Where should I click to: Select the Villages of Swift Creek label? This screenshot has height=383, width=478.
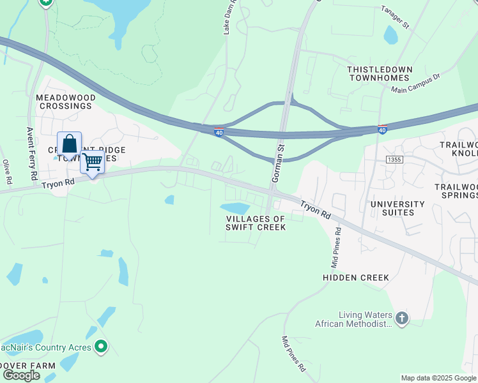(x=256, y=223)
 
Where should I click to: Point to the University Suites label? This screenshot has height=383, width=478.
(x=398, y=209)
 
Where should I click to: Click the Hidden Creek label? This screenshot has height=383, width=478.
(x=356, y=278)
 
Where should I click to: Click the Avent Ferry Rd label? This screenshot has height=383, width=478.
(x=31, y=153)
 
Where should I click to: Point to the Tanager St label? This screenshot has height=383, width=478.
(x=394, y=17)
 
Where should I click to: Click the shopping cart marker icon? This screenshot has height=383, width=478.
(x=92, y=162)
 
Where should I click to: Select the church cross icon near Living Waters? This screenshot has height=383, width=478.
(x=401, y=318)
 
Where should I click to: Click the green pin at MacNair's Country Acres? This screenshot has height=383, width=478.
(x=100, y=347)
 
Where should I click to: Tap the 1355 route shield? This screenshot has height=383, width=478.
(x=394, y=159)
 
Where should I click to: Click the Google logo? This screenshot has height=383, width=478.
(x=21, y=375)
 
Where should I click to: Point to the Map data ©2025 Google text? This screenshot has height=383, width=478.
(x=438, y=378)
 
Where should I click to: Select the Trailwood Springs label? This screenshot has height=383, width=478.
(x=456, y=191)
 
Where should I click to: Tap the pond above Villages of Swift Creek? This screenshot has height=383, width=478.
(x=235, y=208)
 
